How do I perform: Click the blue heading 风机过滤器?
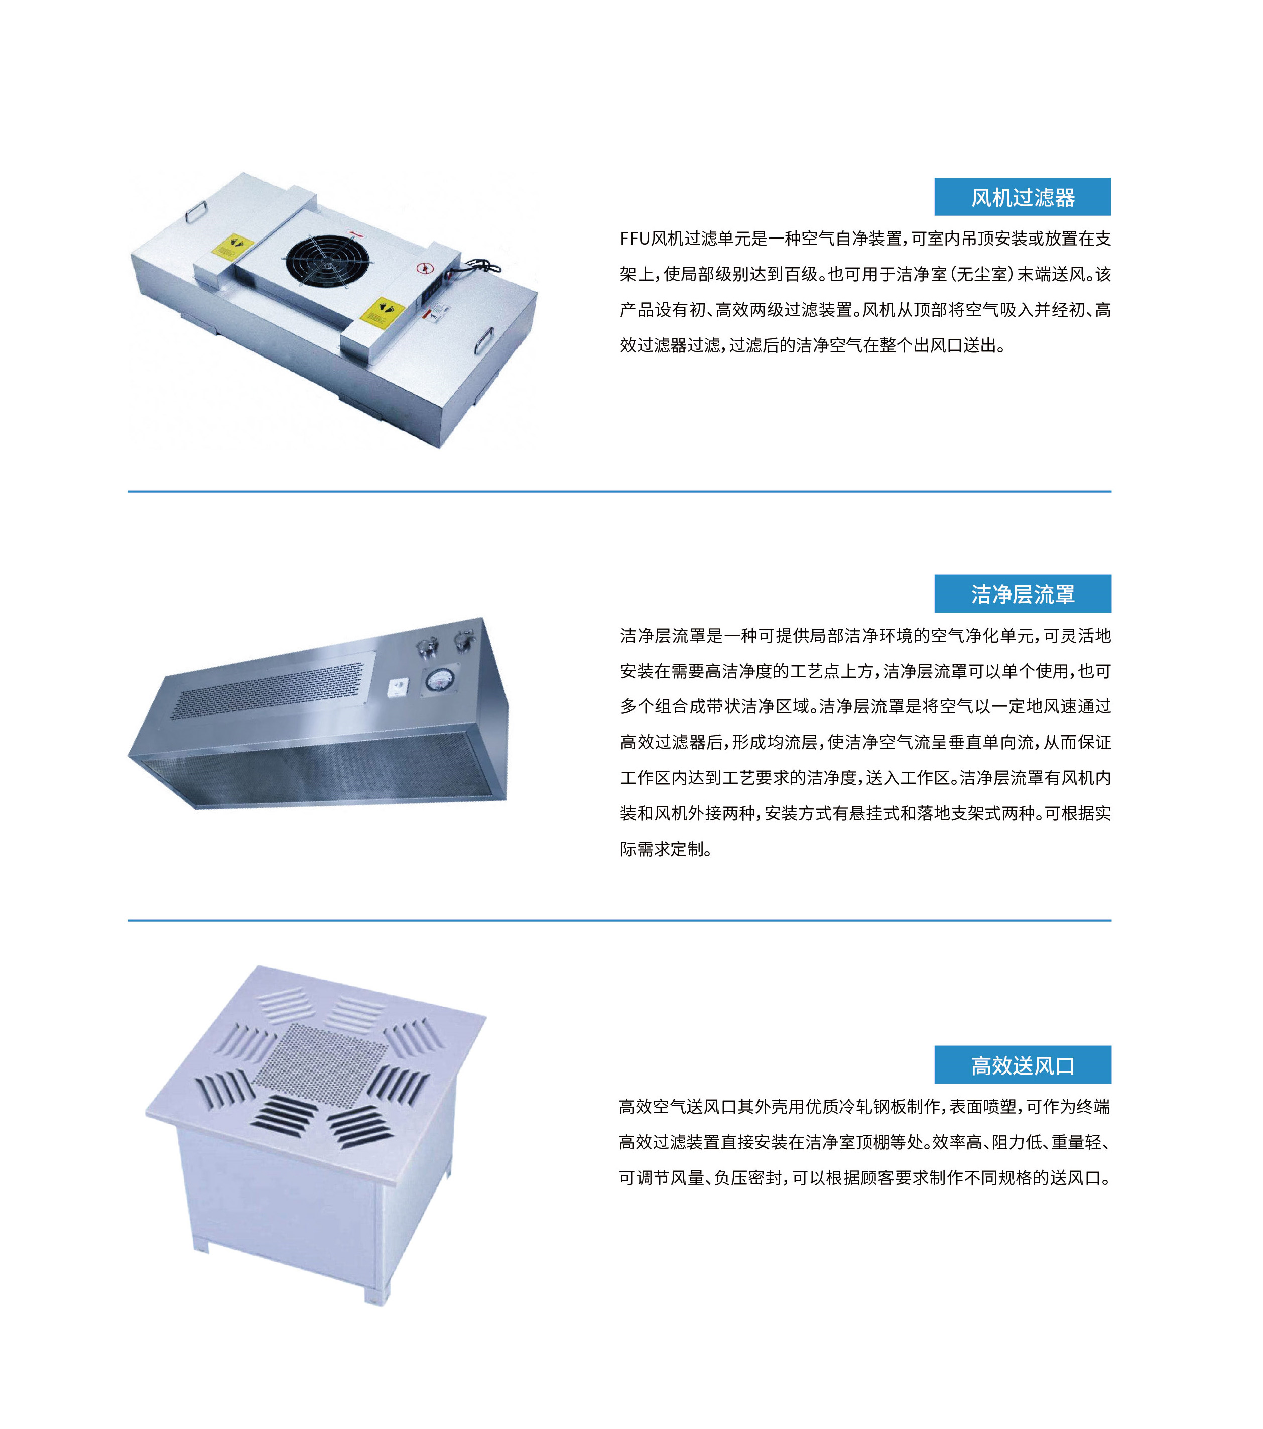[1022, 197]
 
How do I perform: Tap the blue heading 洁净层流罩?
[1022, 594]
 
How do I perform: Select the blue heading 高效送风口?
[1022, 1065]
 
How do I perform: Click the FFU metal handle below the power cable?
[484, 342]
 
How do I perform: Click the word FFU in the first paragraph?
[634, 239]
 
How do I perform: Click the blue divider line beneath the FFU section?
[619, 492]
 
